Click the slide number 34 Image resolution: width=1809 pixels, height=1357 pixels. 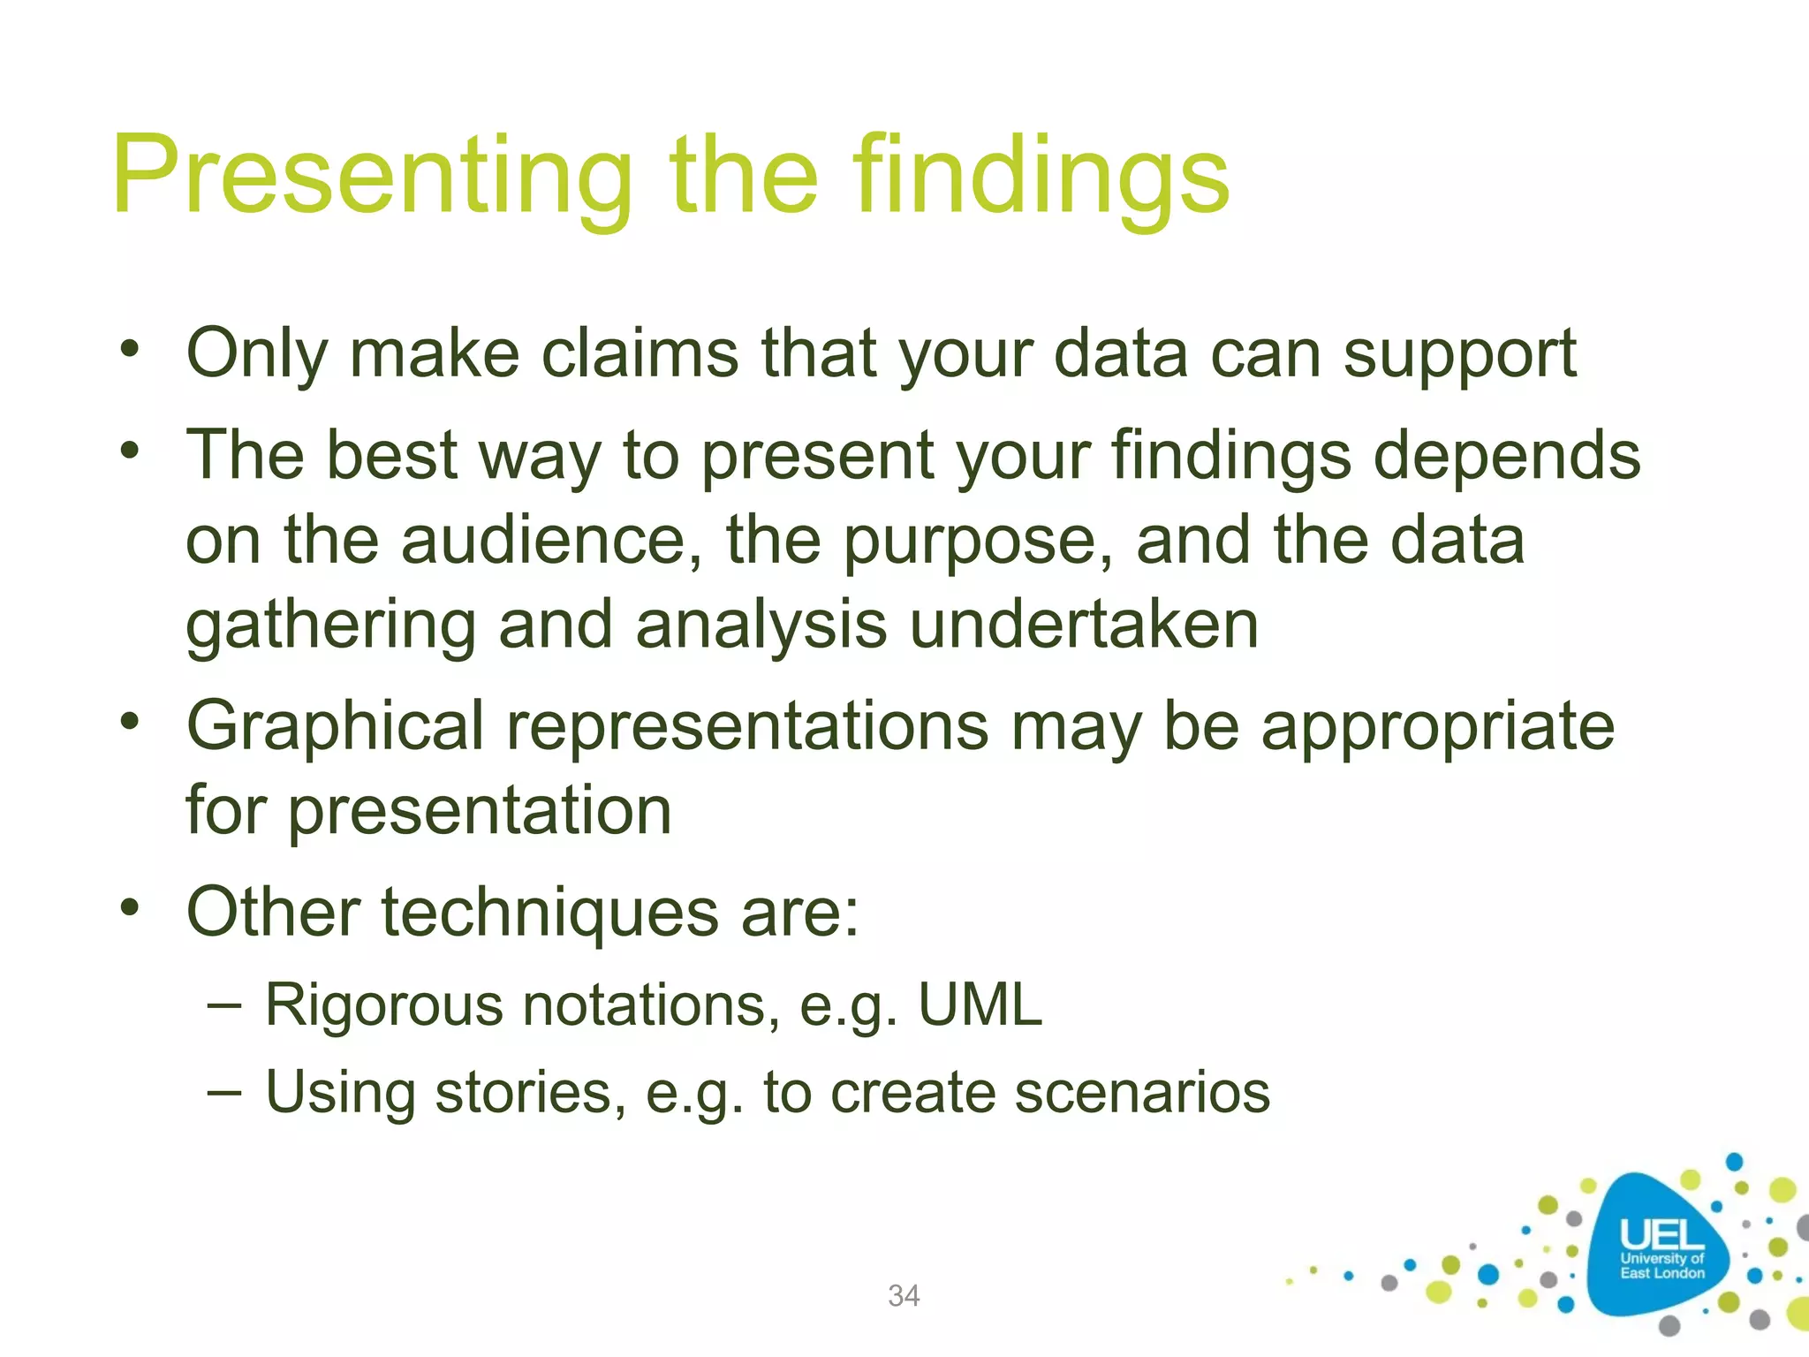[904, 1295]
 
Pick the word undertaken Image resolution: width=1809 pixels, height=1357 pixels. [1084, 625]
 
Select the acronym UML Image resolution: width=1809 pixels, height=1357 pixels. [980, 1005]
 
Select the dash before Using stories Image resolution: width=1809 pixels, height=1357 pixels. [224, 1092]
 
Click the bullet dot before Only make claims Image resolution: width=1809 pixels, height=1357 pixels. [131, 348]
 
